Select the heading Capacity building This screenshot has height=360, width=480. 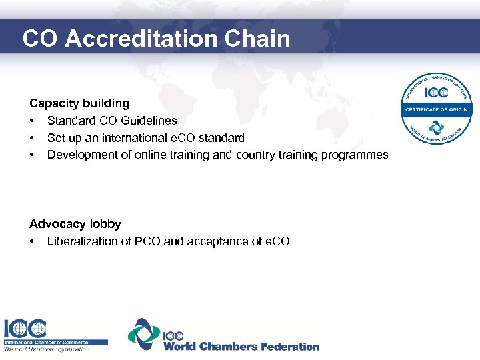79,103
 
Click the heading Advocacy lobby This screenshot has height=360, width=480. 75,224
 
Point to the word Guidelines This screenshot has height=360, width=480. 151,121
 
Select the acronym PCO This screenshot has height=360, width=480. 149,241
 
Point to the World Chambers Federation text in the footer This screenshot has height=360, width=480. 241,346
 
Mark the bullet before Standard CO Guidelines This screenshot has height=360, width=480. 32,121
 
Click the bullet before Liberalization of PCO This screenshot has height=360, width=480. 32,241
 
